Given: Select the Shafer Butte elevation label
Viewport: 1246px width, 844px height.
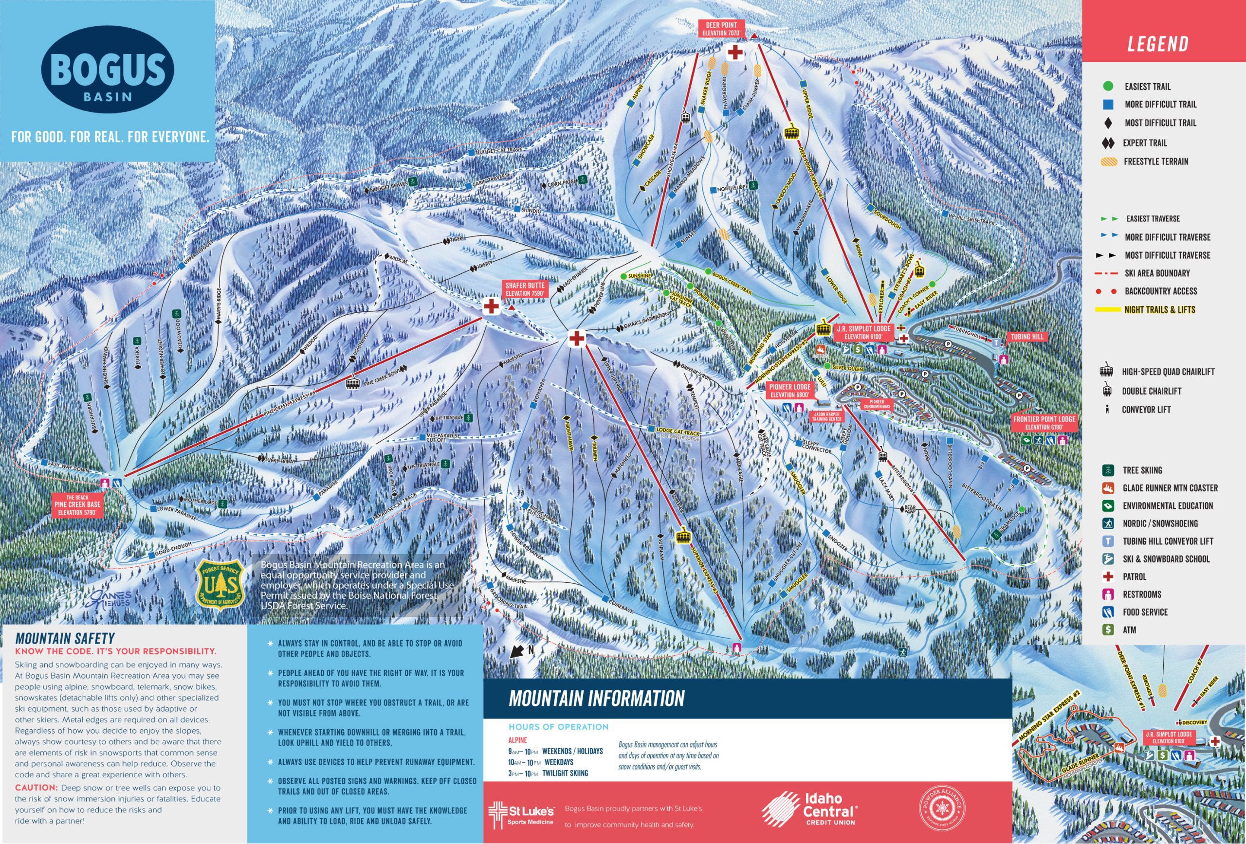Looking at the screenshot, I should click(x=525, y=290).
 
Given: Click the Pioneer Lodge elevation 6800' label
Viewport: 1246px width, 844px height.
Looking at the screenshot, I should click(x=789, y=390).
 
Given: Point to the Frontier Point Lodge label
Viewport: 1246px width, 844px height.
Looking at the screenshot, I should click(x=1044, y=423).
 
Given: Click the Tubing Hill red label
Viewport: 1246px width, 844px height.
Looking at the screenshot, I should click(x=1026, y=337).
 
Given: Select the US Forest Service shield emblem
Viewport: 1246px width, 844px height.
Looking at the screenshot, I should click(x=221, y=585).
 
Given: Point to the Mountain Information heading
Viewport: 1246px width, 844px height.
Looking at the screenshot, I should click(x=596, y=698).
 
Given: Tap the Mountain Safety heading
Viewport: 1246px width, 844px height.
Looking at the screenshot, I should click(x=65, y=638).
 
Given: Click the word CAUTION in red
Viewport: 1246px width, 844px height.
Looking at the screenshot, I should click(x=36, y=788).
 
